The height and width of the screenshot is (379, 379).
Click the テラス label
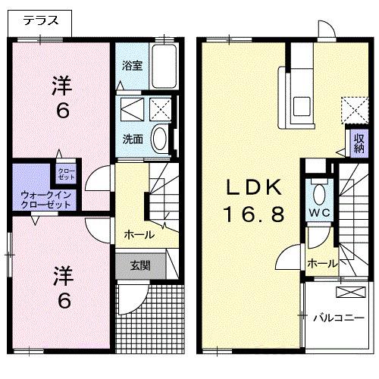click(x=39, y=21)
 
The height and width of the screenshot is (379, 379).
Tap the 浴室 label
click(x=132, y=65)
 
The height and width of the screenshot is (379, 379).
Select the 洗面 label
click(x=133, y=139)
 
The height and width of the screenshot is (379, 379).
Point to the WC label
click(x=318, y=213)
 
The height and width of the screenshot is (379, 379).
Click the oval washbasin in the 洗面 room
click(x=160, y=139)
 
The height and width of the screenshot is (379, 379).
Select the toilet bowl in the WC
click(x=318, y=191)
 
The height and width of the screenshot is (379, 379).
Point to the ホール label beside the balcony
click(x=321, y=264)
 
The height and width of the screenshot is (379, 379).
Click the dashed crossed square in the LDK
click(x=352, y=109)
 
